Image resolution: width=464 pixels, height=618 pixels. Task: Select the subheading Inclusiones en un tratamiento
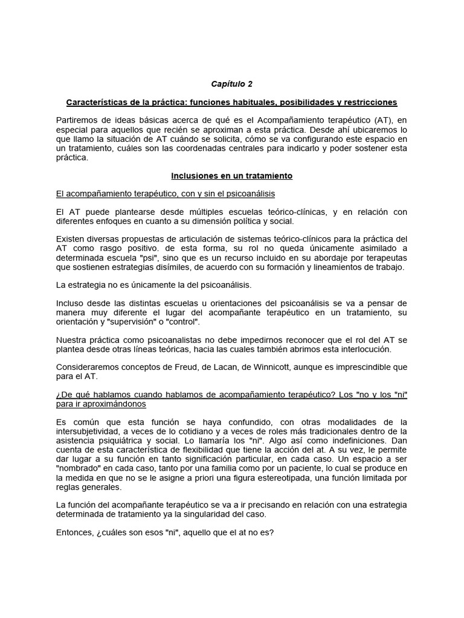(x=231, y=176)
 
